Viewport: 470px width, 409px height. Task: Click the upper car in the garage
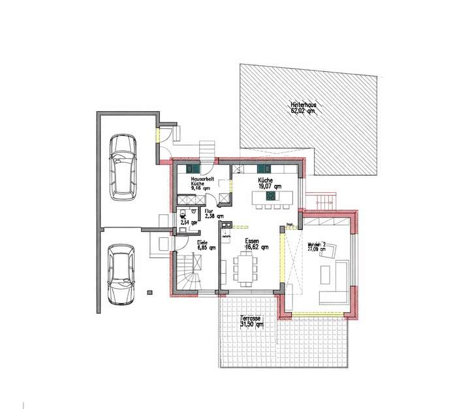pos(122,166)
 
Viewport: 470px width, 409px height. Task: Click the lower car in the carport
pos(120,274)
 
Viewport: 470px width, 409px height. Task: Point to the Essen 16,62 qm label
pos(253,244)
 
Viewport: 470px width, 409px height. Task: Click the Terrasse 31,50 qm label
pos(251,321)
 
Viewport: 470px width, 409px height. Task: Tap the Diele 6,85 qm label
pos(206,245)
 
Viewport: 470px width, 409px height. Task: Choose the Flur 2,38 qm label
pos(213,214)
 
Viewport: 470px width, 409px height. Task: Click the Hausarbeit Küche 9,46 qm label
pos(200,182)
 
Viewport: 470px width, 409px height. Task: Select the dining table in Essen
pos(247,269)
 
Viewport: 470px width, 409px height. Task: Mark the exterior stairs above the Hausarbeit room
pos(207,150)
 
